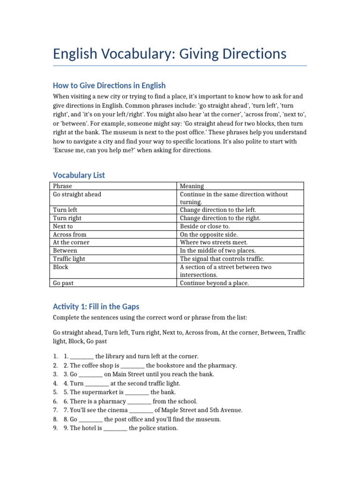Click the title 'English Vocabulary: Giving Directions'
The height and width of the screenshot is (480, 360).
coord(170,54)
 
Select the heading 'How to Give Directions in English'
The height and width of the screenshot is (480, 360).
coord(109,85)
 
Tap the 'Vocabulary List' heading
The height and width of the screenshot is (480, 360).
coord(79,175)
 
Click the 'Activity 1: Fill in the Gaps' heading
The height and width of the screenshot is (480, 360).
coord(96,307)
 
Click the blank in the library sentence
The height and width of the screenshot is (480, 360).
coord(82,357)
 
